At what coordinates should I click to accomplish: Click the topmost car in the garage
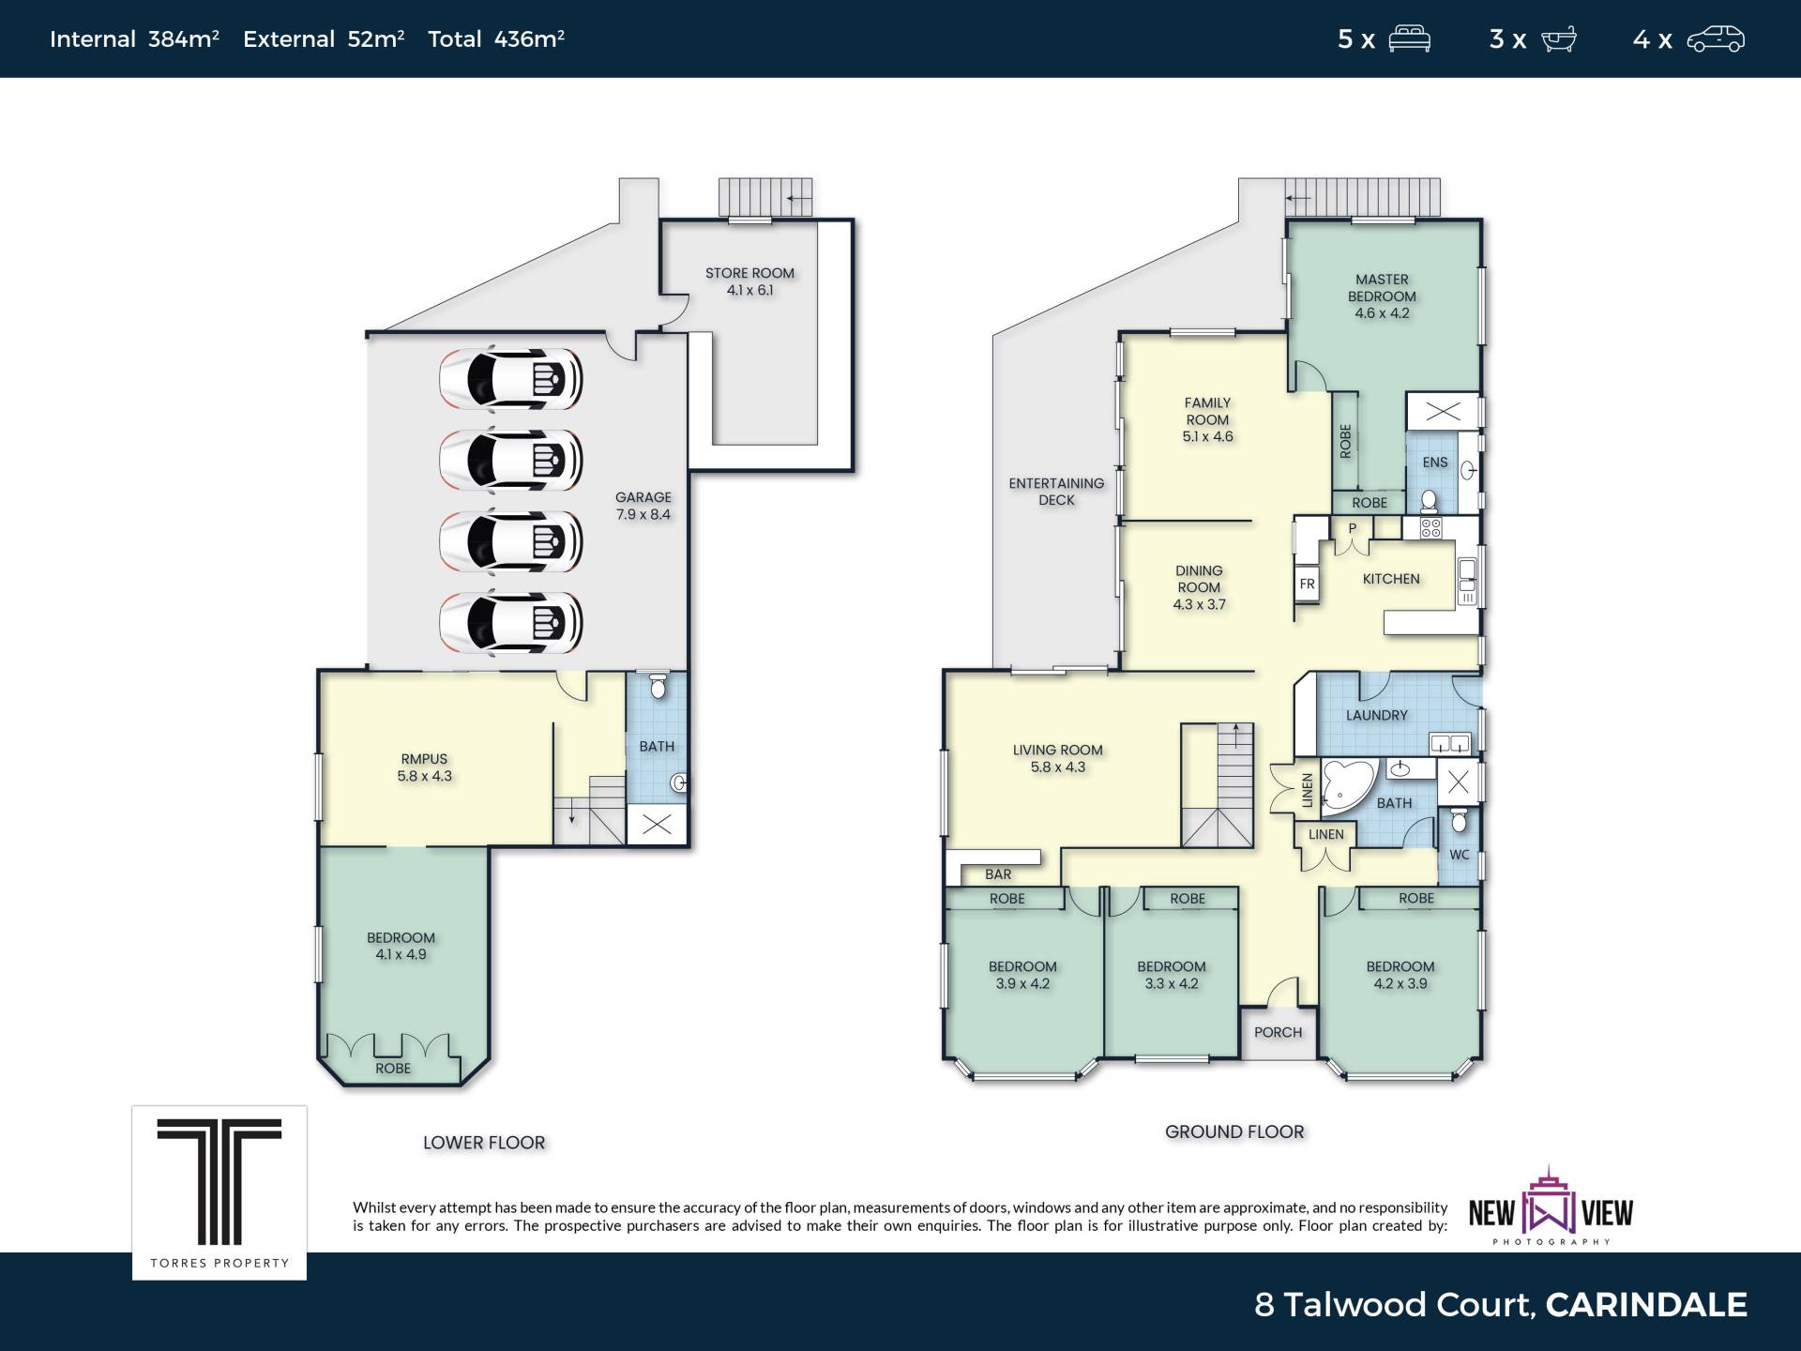pyautogui.click(x=511, y=379)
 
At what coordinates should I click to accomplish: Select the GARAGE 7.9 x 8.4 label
pyautogui.click(x=643, y=506)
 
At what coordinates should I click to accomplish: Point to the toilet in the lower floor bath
pyautogui.click(x=658, y=686)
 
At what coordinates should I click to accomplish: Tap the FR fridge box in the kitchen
pyautogui.click(x=1308, y=584)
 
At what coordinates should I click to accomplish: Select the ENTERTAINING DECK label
pyautogui.click(x=1056, y=492)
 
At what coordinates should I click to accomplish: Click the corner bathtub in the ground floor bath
pyautogui.click(x=1347, y=784)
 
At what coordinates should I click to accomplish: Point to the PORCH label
pyautogui.click(x=1278, y=1032)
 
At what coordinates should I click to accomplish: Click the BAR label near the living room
pyautogui.click(x=998, y=874)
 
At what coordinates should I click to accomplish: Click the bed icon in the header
pyautogui.click(x=1409, y=39)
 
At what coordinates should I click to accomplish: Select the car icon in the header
pyautogui.click(x=1716, y=39)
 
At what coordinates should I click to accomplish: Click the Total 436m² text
pyautogui.click(x=496, y=38)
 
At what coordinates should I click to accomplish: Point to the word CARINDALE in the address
pyautogui.click(x=1646, y=1304)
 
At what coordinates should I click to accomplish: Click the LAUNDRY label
pyautogui.click(x=1376, y=715)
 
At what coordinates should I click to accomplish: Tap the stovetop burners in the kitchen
pyautogui.click(x=1430, y=528)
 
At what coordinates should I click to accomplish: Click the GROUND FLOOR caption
pyautogui.click(x=1234, y=1131)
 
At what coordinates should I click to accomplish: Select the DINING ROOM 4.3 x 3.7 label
pyautogui.click(x=1199, y=587)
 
